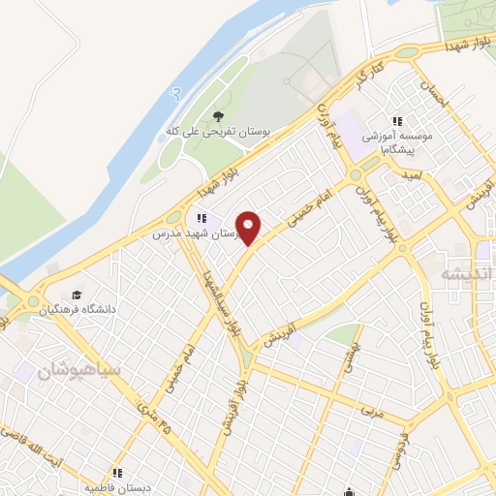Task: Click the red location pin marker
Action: pos(251,228)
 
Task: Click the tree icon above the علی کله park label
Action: pos(217,116)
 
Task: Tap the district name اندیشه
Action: pos(461,273)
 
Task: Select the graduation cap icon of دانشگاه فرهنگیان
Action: pos(76,295)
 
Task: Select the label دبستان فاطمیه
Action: pos(117,487)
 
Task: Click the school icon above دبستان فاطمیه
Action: pos(116,473)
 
